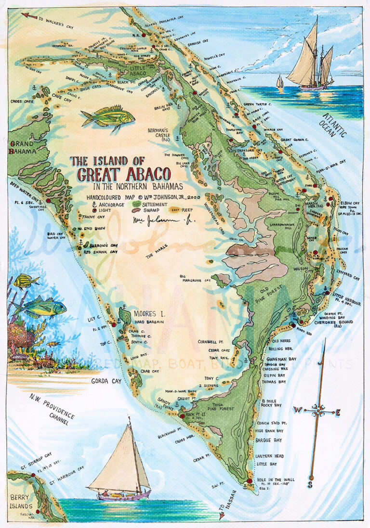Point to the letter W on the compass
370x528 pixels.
(298, 410)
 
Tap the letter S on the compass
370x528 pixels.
(310, 485)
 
